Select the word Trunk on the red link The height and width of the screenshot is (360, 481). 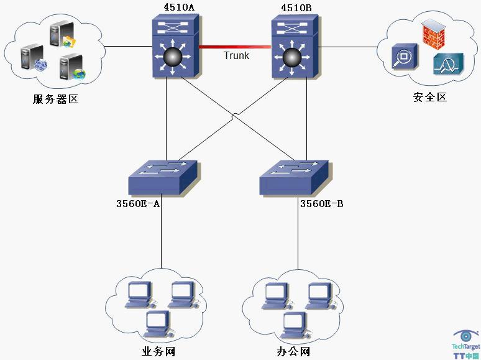(x=236, y=56)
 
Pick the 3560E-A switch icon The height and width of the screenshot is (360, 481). (x=162, y=178)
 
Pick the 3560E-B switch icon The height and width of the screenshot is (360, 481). (x=293, y=178)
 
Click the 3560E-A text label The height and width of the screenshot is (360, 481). (x=139, y=204)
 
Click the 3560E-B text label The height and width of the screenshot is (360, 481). (x=321, y=204)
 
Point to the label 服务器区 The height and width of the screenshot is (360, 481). (x=55, y=99)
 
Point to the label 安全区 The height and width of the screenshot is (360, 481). (x=430, y=97)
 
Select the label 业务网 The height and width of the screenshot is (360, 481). (x=158, y=352)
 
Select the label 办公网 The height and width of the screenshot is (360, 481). (x=293, y=352)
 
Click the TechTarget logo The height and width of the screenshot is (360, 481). (x=465, y=344)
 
